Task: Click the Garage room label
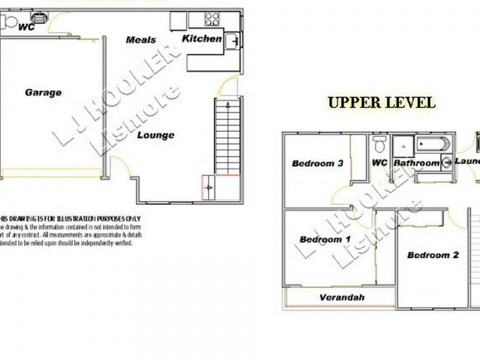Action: pos(43,92)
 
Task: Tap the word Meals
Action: pos(141,40)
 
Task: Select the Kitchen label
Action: pos(202,38)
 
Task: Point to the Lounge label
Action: pos(155,135)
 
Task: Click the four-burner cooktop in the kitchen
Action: pos(212,19)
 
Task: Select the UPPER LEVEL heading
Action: pos(382,102)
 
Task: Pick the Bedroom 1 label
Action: pos(325,239)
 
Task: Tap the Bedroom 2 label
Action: pos(433,255)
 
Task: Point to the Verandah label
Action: pos(342,297)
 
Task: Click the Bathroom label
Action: pos(416,163)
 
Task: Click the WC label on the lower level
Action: pos(26,27)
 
